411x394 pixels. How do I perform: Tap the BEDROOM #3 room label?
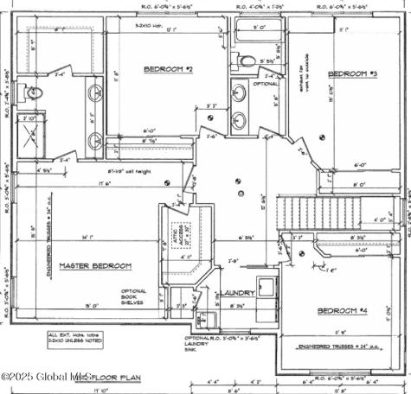tap(352, 74)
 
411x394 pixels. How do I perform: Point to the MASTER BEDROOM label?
tap(94, 265)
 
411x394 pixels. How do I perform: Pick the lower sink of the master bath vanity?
tap(93, 137)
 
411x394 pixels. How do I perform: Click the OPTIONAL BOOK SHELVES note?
tap(135, 298)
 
